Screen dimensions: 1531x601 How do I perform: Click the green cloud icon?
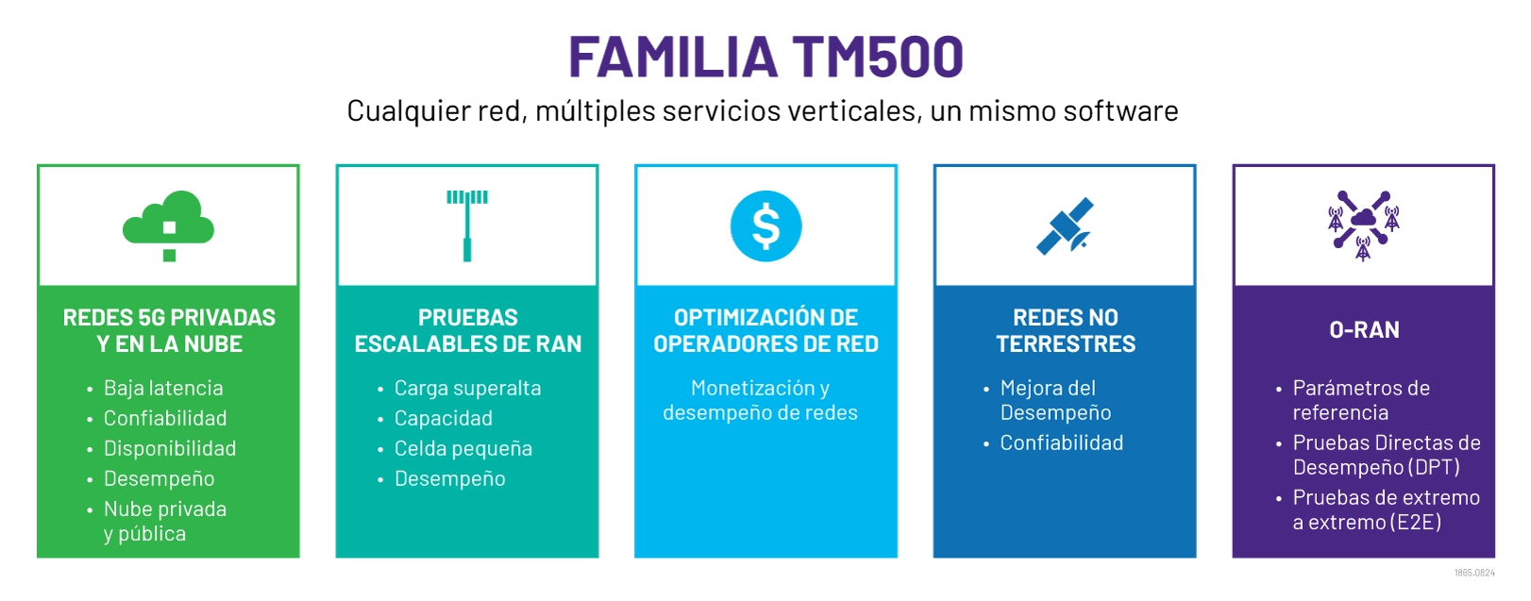coord(168,219)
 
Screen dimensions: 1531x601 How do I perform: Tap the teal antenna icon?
coord(467,225)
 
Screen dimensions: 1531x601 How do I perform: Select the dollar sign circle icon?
coord(765,226)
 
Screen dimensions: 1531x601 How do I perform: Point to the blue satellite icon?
coord(1065,226)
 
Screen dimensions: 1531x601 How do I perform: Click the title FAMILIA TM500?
coord(765,57)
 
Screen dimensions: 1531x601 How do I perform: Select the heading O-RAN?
coord(1364,330)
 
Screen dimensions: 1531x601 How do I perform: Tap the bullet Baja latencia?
coord(163,388)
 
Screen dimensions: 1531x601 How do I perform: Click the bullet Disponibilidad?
coord(170,448)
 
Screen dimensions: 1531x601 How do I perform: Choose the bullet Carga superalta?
coord(467,388)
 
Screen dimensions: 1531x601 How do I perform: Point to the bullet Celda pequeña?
coord(463,448)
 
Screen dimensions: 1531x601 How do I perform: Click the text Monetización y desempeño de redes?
coord(760,400)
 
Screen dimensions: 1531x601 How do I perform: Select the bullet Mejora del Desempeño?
coord(1055,400)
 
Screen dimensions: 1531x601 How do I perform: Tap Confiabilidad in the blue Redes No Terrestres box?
coord(1062,442)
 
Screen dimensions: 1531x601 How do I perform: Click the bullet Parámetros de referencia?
coord(1361,400)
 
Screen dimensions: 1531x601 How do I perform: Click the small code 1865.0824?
coord(1474,573)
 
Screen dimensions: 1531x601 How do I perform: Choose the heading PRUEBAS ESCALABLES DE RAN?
coord(467,330)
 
